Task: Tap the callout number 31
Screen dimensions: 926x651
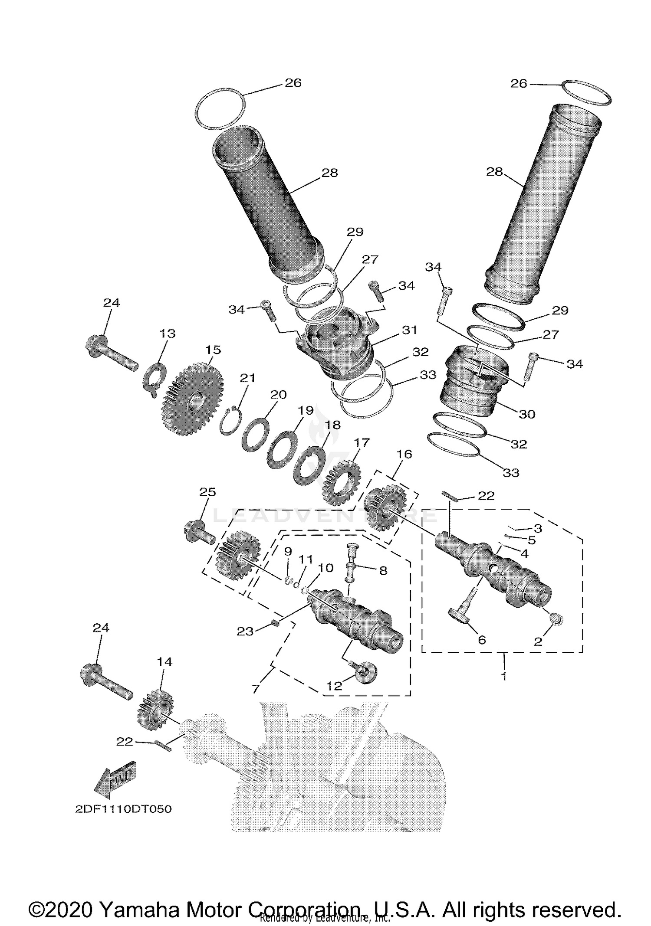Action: tap(409, 330)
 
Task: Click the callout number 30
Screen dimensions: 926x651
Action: tap(527, 414)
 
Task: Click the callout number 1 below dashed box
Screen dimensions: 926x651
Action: tap(503, 676)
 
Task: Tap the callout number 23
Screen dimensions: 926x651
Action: tap(244, 631)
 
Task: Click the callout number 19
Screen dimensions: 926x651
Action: tap(305, 410)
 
